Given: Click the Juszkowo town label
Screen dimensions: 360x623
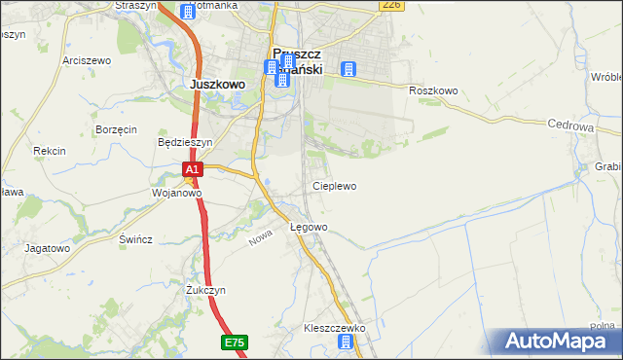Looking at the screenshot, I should (x=217, y=85).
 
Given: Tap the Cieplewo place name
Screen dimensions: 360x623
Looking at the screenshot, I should (x=334, y=186).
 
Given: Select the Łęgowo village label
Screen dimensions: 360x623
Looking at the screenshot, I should (x=309, y=227).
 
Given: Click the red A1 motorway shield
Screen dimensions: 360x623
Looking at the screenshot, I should (x=193, y=169).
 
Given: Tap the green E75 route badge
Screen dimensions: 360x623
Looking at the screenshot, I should (x=234, y=342).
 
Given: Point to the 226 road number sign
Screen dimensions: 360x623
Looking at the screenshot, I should (x=391, y=5).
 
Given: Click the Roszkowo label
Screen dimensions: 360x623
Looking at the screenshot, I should (x=433, y=90).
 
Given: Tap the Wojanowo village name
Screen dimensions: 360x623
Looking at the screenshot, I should (x=176, y=193).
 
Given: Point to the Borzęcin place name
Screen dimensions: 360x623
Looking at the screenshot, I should (x=116, y=129).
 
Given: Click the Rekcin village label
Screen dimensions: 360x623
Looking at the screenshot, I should (x=49, y=151).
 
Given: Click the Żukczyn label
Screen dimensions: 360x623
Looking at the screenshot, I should (x=205, y=290).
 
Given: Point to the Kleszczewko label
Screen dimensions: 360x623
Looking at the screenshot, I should (x=334, y=328).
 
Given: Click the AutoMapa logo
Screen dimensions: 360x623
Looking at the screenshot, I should (x=559, y=342).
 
